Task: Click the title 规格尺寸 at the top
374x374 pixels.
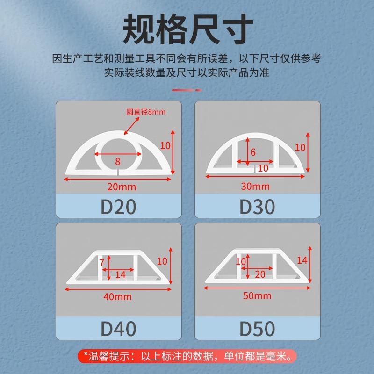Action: pyautogui.click(x=187, y=29)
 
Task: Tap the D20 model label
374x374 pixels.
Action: pyautogui.click(x=118, y=207)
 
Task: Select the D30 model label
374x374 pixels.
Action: pyautogui.click(x=257, y=207)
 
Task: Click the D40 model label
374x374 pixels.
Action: pyautogui.click(x=118, y=329)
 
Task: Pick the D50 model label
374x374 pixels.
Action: pyautogui.click(x=257, y=329)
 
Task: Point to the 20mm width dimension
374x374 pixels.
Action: pyautogui.click(x=121, y=187)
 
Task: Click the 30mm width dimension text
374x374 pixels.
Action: pyautogui.click(x=255, y=187)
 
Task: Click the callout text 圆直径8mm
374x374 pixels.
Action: pyautogui.click(x=146, y=112)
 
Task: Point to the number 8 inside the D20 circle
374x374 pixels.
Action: pyautogui.click(x=117, y=161)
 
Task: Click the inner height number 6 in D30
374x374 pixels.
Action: pyautogui.click(x=253, y=152)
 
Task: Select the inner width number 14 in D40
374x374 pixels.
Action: pyautogui.click(x=120, y=275)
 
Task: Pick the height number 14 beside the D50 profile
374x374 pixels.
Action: pyautogui.click(x=302, y=260)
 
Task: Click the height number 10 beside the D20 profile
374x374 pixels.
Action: pyautogui.click(x=165, y=145)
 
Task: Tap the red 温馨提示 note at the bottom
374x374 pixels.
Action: pyautogui.click(x=187, y=357)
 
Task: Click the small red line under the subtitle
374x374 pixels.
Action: pyautogui.click(x=187, y=90)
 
